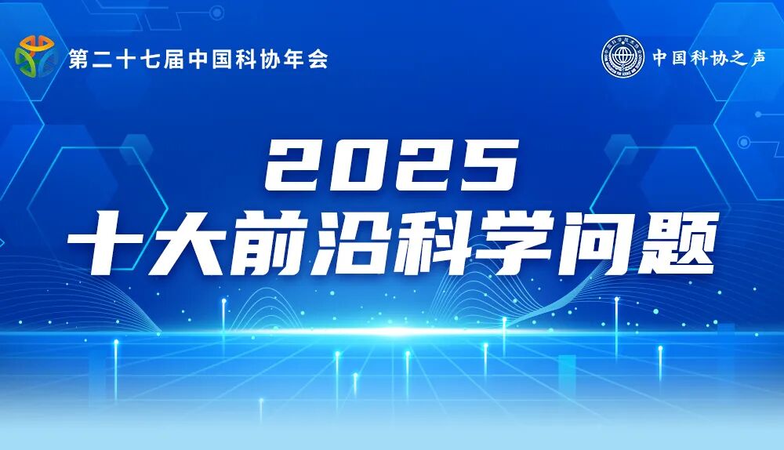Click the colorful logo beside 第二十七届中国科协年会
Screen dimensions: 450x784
pyautogui.click(x=35, y=56)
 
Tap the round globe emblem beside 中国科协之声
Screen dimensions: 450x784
pyautogui.click(x=622, y=57)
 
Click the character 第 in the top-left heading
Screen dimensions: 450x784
pyautogui.click(x=78, y=60)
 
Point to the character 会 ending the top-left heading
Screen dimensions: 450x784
pyautogui.click(x=317, y=60)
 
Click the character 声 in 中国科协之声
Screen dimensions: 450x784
pyautogui.click(x=757, y=58)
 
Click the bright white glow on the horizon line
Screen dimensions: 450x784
pyautogui.click(x=392, y=332)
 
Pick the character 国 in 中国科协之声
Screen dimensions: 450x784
pyautogui.click(x=679, y=58)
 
